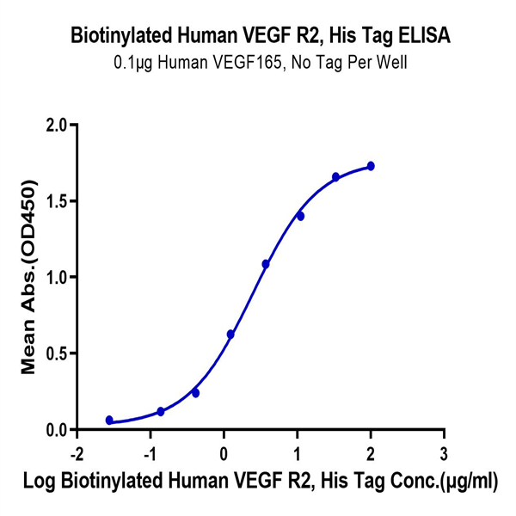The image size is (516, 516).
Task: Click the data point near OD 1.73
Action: click(371, 166)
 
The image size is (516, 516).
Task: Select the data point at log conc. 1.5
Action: click(335, 177)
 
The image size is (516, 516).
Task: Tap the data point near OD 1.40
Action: click(300, 216)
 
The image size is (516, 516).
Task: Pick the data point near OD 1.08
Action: click(266, 264)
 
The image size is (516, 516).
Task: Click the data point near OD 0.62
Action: click(230, 334)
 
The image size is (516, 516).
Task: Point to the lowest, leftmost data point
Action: click(109, 420)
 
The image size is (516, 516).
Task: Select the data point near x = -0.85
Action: click(161, 412)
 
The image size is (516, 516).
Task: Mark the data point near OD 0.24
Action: click(195, 393)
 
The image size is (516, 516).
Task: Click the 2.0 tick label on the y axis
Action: click(57, 126)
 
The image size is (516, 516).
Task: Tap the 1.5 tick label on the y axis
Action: click(57, 201)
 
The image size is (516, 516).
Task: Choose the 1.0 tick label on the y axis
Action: click(57, 277)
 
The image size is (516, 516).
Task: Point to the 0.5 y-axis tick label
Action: click(57, 353)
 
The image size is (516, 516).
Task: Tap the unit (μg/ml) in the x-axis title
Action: click(465, 483)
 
